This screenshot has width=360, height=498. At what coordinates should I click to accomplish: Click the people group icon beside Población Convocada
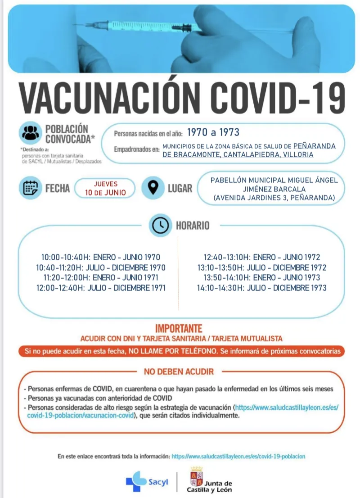coord(30,133)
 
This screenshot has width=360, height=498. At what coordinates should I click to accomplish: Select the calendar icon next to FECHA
coord(30,188)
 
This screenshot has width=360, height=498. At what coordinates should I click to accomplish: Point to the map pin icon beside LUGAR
coord(153,188)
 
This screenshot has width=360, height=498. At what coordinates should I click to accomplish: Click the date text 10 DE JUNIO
coord(105,192)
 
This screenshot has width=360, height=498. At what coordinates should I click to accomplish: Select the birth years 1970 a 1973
coord(213,132)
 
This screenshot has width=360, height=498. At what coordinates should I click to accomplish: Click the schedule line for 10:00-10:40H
coord(101,258)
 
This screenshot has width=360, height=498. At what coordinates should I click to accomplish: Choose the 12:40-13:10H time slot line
coord(262,258)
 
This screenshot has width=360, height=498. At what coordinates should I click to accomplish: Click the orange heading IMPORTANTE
coord(179,329)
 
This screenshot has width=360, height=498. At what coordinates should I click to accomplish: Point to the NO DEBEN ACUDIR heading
coord(179,372)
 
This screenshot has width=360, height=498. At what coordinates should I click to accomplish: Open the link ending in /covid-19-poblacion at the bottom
coord(238,456)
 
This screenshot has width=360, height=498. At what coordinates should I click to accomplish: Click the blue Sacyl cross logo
coord(135,481)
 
